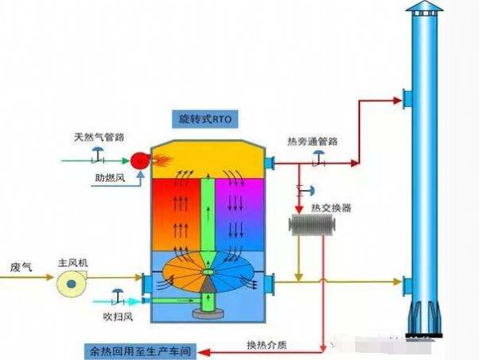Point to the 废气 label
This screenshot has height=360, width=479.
point(21,266)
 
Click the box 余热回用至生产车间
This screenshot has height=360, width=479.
point(144,350)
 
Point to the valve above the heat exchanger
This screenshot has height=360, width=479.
point(302,191)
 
